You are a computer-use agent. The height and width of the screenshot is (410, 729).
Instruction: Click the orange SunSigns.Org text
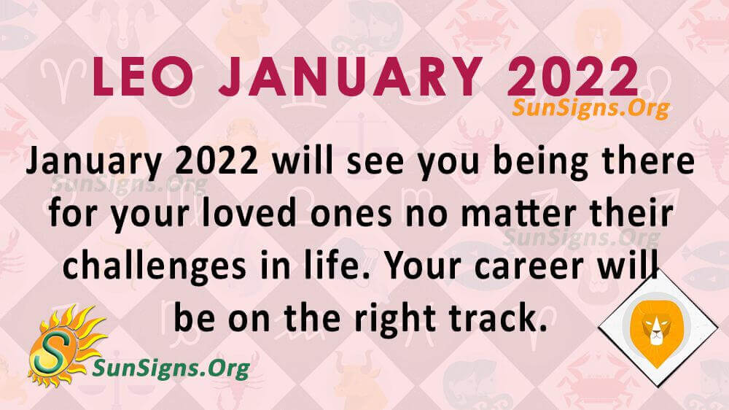[x=590, y=109]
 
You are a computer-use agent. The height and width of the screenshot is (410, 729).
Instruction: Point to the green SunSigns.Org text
[x=171, y=368]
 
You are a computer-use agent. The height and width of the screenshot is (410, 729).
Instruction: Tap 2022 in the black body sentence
[x=217, y=163]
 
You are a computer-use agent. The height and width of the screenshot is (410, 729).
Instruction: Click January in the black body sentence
[x=94, y=164]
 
